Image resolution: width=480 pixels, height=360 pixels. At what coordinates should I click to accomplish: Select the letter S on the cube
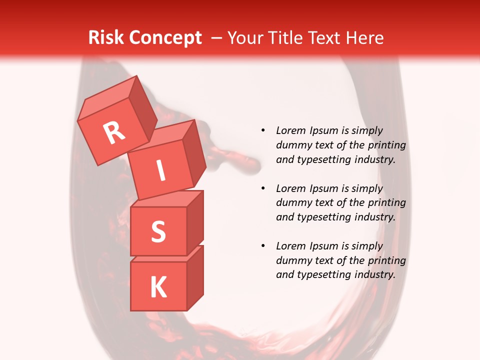pyautogui.click(x=158, y=231)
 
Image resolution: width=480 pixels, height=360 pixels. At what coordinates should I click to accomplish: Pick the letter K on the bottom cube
pyautogui.click(x=158, y=287)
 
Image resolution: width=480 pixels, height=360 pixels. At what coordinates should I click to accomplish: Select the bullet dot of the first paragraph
pyautogui.click(x=263, y=130)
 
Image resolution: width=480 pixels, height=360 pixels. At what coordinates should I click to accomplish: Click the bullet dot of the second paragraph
pyautogui.click(x=263, y=188)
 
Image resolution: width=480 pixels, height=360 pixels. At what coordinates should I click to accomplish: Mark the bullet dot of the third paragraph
pyautogui.click(x=263, y=246)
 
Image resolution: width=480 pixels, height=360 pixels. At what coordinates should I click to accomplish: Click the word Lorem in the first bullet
pyautogui.click(x=290, y=130)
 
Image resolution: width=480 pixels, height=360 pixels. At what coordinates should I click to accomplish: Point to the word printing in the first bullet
pyautogui.click(x=387, y=145)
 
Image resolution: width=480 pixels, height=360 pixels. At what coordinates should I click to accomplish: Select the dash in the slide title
pyautogui.click(x=217, y=38)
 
